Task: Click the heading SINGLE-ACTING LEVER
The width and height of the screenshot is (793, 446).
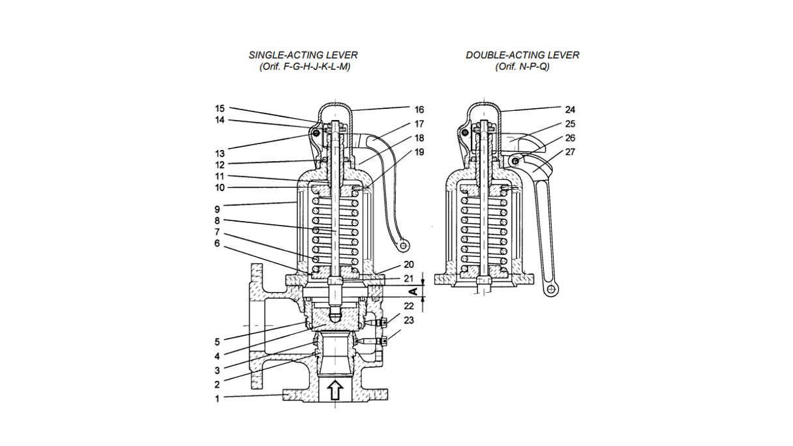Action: click(303, 55)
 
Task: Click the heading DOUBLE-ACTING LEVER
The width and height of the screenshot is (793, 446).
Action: click(522, 55)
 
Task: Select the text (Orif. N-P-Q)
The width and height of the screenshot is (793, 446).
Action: click(522, 67)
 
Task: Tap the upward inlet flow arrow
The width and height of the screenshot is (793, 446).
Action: click(335, 390)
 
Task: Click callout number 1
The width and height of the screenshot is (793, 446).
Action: click(218, 398)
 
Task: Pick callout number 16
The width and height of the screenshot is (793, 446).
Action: click(419, 110)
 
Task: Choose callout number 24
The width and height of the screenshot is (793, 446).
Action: click(570, 110)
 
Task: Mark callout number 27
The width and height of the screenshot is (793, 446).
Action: click(570, 152)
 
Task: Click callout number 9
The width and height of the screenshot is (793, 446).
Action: click(218, 209)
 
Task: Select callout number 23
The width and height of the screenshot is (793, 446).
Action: click(409, 320)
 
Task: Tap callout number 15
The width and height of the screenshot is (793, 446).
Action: click(220, 108)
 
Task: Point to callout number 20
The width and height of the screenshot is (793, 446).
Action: click(409, 265)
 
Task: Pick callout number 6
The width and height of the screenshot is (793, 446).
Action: click(218, 243)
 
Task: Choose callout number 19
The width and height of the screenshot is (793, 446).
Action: click(419, 152)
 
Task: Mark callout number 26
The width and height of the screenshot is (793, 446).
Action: click(570, 138)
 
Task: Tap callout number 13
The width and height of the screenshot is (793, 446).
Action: click(220, 153)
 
